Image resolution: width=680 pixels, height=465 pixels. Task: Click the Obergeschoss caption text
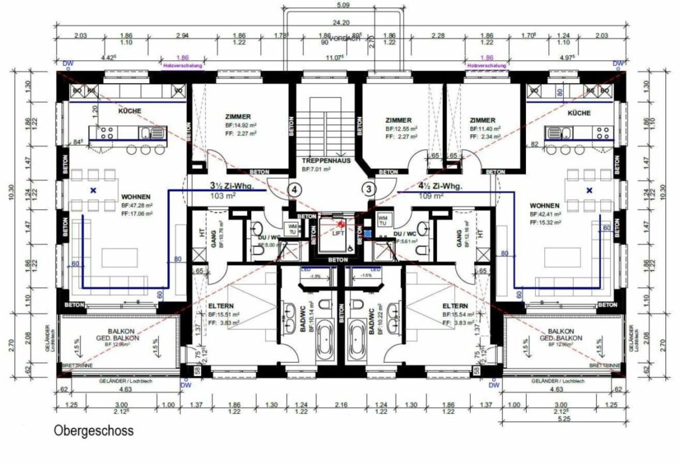pyautogui.click(x=93, y=431)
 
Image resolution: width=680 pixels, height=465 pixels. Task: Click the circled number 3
pyautogui.click(x=369, y=189)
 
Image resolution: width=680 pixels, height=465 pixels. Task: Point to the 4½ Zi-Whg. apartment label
pyautogui.click(x=436, y=187)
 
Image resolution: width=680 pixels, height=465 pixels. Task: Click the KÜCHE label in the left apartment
pyautogui.click(x=129, y=112)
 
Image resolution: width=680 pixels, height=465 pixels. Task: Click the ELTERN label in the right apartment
pyautogui.click(x=455, y=306)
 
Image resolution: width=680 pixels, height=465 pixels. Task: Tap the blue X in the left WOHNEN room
pyautogui.click(x=94, y=191)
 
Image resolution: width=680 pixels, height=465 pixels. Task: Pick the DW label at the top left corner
pyautogui.click(x=67, y=64)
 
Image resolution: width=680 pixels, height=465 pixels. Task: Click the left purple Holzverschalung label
pyautogui.click(x=183, y=66)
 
